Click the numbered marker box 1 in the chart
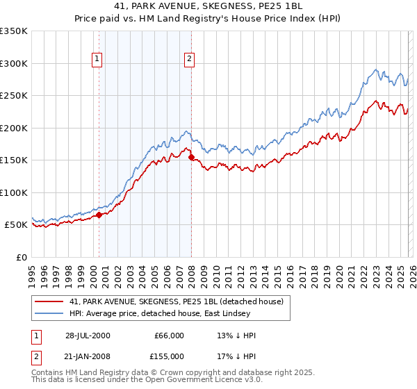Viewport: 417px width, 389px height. point(97,60)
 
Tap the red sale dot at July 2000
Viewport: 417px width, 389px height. point(99,215)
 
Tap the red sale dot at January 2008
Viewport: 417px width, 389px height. point(191,157)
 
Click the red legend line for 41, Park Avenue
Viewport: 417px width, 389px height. point(50,301)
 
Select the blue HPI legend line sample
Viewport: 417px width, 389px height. point(50,314)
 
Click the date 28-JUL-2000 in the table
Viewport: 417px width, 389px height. point(88,336)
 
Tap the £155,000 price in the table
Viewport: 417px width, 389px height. point(170,355)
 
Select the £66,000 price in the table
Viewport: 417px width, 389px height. point(170,336)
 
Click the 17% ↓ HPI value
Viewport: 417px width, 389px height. point(237,355)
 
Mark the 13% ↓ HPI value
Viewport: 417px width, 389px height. point(237,336)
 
